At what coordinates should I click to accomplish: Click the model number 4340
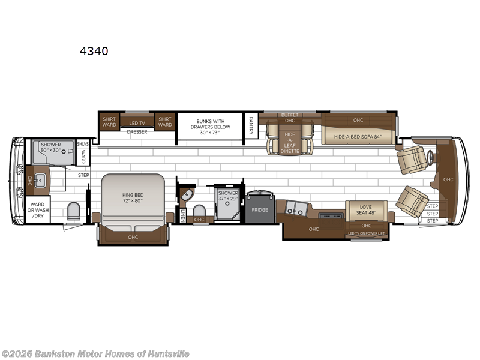(94, 52)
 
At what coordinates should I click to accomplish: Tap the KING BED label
(132, 196)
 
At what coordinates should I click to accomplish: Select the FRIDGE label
(260, 210)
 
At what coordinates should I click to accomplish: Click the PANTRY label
(251, 125)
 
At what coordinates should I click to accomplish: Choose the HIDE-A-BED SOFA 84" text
(358, 137)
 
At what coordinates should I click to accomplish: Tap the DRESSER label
(137, 132)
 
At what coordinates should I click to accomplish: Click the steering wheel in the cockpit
(430, 159)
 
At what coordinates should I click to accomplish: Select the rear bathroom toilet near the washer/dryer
(74, 211)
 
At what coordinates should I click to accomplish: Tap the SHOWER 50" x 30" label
(53, 148)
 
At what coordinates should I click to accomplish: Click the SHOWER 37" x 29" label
(228, 196)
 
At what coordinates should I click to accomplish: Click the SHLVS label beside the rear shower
(83, 144)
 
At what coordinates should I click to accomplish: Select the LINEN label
(182, 215)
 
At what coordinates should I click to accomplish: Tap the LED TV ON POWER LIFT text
(366, 233)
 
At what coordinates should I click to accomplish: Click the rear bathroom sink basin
(40, 179)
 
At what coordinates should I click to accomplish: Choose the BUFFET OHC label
(289, 118)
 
